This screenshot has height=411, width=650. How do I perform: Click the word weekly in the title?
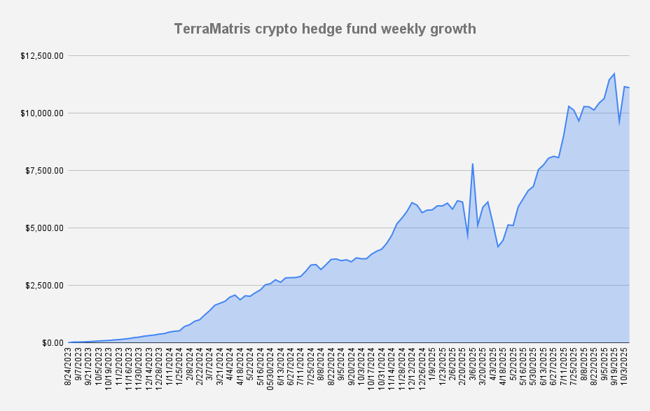tap(402, 29)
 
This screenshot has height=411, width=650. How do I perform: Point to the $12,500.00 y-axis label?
tap(43, 55)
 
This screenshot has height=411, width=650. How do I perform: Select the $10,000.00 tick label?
tap(43, 113)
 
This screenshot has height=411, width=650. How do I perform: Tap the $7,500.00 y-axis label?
tap(45, 170)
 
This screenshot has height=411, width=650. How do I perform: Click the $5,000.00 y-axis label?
tap(45, 228)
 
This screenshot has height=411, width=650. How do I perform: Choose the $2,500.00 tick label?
tap(45, 285)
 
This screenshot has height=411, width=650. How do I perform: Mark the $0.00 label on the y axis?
tap(52, 342)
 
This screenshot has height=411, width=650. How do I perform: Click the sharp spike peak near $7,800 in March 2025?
tap(473, 164)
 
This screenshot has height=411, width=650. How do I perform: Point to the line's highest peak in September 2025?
tap(614, 74)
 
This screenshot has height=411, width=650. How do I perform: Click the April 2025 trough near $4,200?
tap(498, 246)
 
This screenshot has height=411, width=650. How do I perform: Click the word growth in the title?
tap(451, 29)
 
